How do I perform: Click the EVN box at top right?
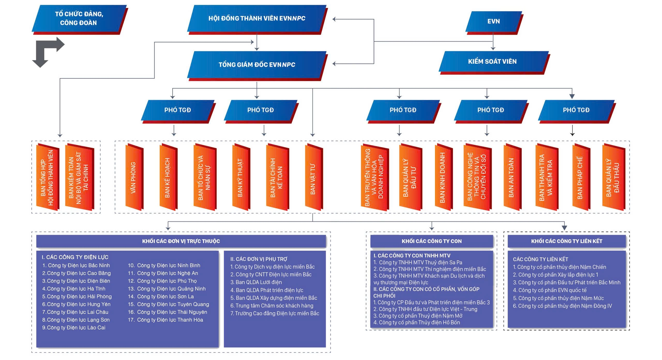point(493,21)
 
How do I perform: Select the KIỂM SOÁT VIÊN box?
point(492,62)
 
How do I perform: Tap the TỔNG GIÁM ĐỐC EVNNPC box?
point(257,65)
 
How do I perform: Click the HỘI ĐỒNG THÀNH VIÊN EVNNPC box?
point(257,18)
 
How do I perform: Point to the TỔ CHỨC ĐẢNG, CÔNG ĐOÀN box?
point(79,18)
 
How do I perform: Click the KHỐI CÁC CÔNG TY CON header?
point(431,241)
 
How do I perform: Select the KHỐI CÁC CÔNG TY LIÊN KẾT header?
point(567,241)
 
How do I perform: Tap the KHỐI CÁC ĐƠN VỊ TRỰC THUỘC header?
point(181,241)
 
